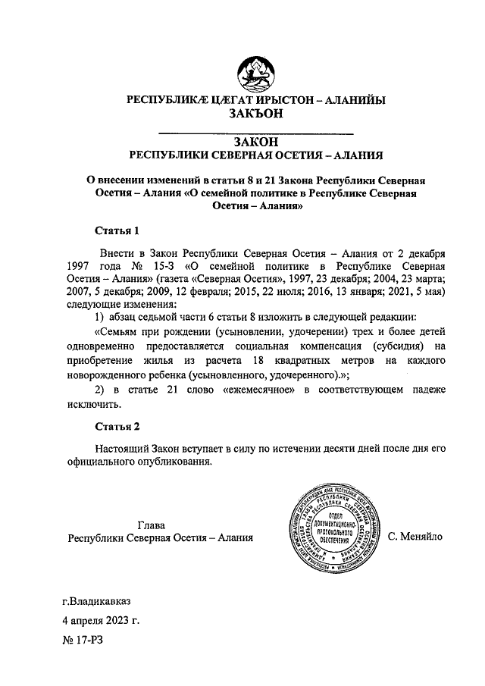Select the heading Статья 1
pyautogui.click(x=116, y=230)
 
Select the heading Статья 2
pyautogui.click(x=116, y=426)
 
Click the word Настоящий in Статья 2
pyautogui.click(x=121, y=447)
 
